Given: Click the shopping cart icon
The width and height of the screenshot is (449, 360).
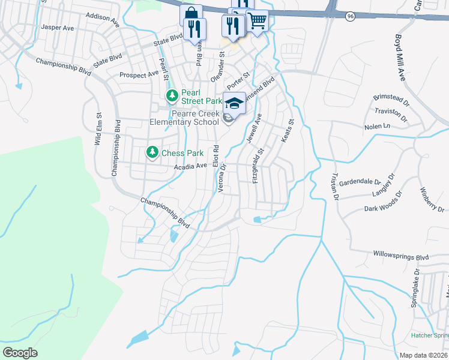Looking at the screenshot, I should tap(257, 20).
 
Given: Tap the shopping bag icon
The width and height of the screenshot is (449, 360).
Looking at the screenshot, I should tap(190, 15).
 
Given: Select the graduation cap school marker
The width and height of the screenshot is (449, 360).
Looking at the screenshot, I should tap(235, 102).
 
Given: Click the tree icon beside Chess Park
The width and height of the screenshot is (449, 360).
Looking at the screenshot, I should tap(152, 153).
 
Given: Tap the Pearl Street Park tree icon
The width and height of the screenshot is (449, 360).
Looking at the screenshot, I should tap(172, 95).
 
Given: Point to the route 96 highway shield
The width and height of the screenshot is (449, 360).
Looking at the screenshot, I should tap(350, 17).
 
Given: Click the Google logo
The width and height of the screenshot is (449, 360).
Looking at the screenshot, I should tap(20, 353).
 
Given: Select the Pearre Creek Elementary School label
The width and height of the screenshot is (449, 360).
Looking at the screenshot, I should tap(185, 118).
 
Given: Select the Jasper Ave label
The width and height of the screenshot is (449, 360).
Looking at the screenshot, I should tap(57, 28).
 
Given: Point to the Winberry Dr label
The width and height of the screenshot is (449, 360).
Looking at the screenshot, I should tap(431, 201).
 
